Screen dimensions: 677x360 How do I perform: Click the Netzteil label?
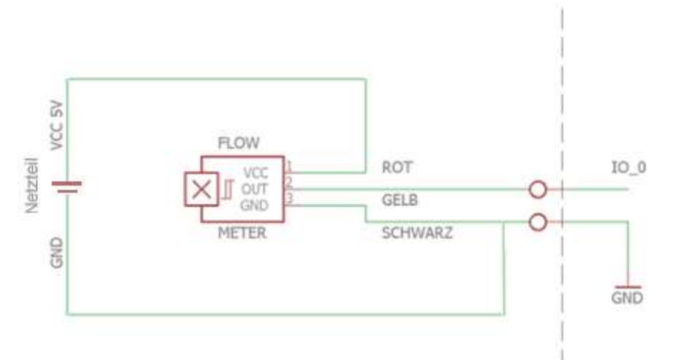[x=32, y=186]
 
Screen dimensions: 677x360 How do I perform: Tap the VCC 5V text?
[x=57, y=126]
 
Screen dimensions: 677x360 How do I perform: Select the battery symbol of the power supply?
[x=66, y=186]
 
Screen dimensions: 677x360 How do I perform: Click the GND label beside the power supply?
[x=57, y=253]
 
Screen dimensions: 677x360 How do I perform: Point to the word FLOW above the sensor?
[x=239, y=143]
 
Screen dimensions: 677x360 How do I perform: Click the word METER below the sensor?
[x=242, y=233]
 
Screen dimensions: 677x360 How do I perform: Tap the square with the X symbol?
[x=201, y=189]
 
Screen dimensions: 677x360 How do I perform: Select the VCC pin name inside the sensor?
[x=256, y=173]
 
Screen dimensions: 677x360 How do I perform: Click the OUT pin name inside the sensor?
[x=254, y=189]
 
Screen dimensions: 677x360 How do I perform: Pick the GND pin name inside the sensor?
[x=254, y=205]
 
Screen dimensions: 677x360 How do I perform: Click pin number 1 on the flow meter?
[x=289, y=166]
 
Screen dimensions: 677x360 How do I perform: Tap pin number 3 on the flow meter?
[x=289, y=199]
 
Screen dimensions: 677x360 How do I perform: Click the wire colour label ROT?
[x=397, y=167]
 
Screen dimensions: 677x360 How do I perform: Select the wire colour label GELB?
[x=399, y=200]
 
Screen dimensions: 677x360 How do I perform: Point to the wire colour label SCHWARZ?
[x=417, y=233]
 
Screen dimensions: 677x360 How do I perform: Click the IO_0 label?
[x=629, y=167]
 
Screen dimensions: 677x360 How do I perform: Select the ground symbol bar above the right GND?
[x=628, y=287]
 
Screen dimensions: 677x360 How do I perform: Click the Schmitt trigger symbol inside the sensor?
[x=228, y=190]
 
